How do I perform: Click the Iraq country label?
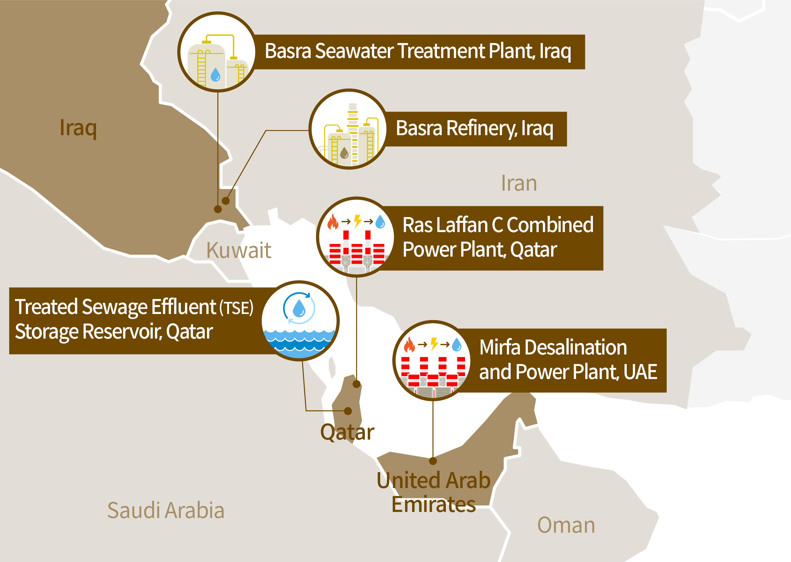(x=78, y=128)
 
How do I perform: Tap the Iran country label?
(x=519, y=183)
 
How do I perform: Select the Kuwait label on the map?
(x=239, y=250)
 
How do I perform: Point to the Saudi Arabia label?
(x=166, y=510)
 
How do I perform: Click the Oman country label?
(x=566, y=525)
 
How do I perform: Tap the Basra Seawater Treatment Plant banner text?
(x=418, y=51)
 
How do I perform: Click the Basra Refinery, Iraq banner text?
(x=474, y=128)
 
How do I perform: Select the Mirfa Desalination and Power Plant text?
(x=568, y=360)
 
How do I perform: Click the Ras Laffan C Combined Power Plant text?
(x=498, y=237)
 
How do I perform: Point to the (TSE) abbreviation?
(x=236, y=308)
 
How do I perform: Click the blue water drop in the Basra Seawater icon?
(x=215, y=74)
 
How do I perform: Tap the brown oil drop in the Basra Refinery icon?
(x=344, y=153)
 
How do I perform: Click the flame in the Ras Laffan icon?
(x=333, y=222)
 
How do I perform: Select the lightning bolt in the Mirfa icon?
(x=434, y=344)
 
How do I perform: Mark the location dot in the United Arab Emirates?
(x=433, y=461)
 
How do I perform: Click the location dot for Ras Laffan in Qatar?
(x=357, y=384)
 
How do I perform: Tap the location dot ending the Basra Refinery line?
(x=226, y=201)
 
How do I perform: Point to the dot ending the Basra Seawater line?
(x=218, y=209)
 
